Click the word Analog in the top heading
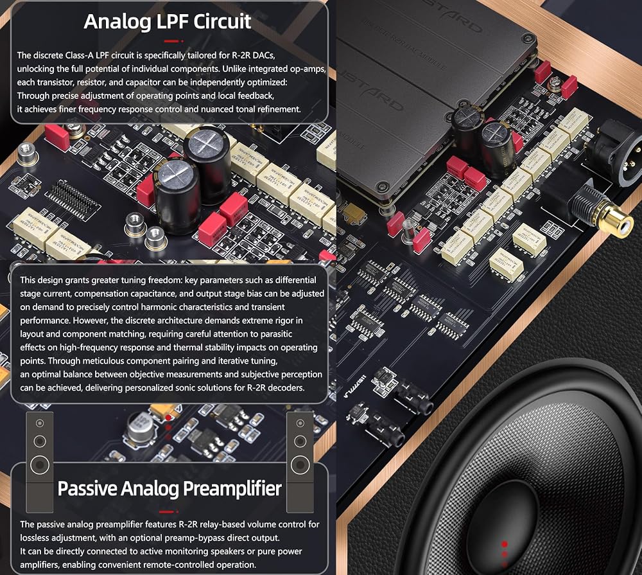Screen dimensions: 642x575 click(x=117, y=22)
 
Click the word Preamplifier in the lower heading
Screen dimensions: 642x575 click(x=232, y=489)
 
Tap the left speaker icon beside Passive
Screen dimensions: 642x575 click(x=40, y=463)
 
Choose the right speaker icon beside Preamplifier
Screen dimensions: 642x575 click(x=300, y=463)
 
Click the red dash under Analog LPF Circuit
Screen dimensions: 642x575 click(x=171, y=41)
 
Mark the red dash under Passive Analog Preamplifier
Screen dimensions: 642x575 click(x=167, y=511)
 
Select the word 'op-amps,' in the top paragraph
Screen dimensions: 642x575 click(x=308, y=69)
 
